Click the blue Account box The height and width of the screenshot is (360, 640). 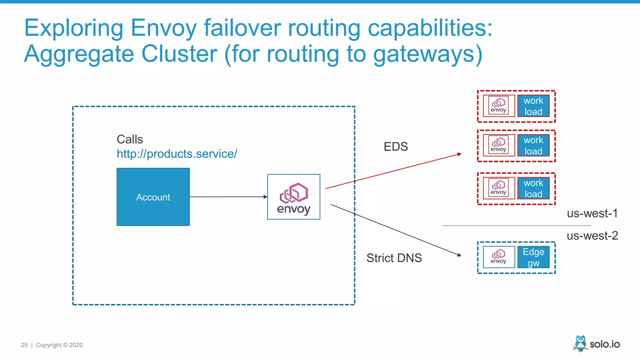tap(153, 197)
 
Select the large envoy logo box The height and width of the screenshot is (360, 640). tap(293, 197)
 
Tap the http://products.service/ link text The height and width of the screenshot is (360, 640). tap(177, 154)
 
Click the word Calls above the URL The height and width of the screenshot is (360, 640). tap(130, 139)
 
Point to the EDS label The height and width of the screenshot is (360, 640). tap(396, 147)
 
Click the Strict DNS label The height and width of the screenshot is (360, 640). tap(394, 258)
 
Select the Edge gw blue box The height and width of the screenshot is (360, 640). tap(533, 257)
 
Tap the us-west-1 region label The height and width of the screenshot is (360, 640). tap(592, 213)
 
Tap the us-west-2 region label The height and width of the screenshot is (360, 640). tap(592, 236)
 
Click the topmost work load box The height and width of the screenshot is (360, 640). tap(533, 106)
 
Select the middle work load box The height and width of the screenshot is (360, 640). tap(533, 146)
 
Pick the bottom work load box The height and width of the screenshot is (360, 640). tap(533, 188)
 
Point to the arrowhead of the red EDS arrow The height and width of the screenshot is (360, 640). tap(460, 154)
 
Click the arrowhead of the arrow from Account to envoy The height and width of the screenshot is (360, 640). tap(266, 197)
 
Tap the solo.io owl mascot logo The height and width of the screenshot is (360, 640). tap(580, 343)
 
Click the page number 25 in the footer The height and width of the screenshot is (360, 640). tap(24, 345)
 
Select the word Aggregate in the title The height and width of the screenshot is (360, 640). tap(79, 54)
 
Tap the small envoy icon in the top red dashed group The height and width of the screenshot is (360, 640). tap(499, 106)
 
